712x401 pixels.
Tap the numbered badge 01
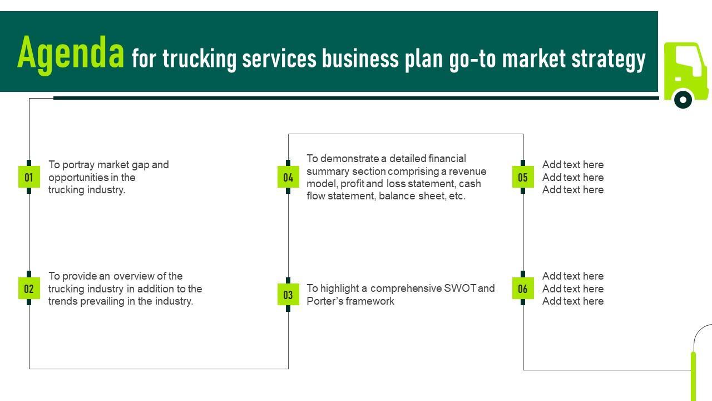pyautogui.click(x=29, y=177)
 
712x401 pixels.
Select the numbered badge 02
pyautogui.click(x=29, y=288)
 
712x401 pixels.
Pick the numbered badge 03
pyautogui.click(x=288, y=295)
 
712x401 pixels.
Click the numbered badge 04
pyautogui.click(x=288, y=177)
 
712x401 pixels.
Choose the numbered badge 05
pyautogui.click(x=523, y=177)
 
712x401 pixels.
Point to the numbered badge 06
pyautogui.click(x=523, y=288)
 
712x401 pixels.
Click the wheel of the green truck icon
pyautogui.click(x=683, y=100)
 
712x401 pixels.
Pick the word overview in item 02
pyautogui.click(x=133, y=276)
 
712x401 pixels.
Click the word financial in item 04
pyautogui.click(x=447, y=159)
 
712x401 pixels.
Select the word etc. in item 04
pyautogui.click(x=457, y=196)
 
